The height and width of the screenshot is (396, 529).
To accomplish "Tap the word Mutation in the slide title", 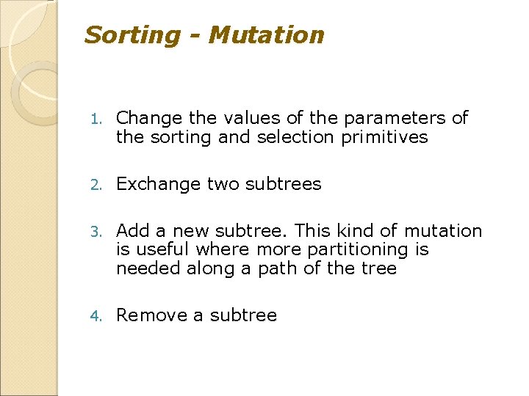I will click(267, 35).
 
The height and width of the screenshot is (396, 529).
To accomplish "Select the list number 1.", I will click(93, 119).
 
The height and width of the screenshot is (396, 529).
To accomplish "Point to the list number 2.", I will click(93, 185).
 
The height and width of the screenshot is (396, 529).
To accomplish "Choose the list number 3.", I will click(93, 232).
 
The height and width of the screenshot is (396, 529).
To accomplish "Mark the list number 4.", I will click(93, 316).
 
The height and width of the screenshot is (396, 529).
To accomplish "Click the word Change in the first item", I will click(149, 118).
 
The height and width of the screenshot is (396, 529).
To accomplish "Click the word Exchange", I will click(158, 184).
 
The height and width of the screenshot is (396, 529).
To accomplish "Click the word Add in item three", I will click(132, 231).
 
